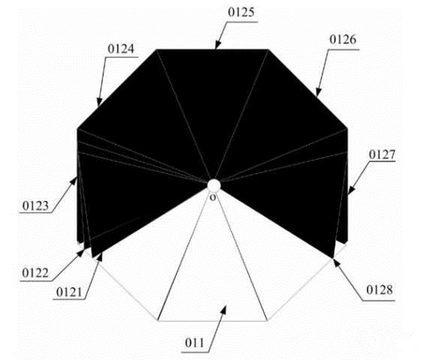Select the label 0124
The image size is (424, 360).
click(124, 49)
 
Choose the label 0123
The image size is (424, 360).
click(35, 207)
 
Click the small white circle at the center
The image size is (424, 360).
click(213, 185)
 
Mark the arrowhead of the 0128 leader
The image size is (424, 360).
click(334, 260)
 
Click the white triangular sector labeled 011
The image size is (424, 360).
click(212, 269)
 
